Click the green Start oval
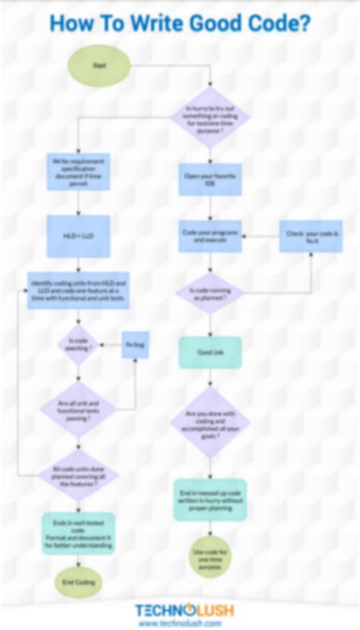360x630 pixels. pos(99,66)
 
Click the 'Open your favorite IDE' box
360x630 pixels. pos(210,179)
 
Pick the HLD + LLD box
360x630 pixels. pos(79,236)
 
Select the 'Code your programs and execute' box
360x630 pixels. pos(210,235)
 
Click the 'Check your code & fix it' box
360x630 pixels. pos(311,236)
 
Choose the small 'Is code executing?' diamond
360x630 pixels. pos(79,345)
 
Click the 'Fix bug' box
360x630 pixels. pos(135,345)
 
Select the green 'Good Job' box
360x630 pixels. pos(210,353)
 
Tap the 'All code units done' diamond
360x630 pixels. pos(79,476)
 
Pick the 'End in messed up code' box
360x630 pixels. pos(210,499)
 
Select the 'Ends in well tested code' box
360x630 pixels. pos(79,533)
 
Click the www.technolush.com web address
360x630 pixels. pos(180,623)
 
